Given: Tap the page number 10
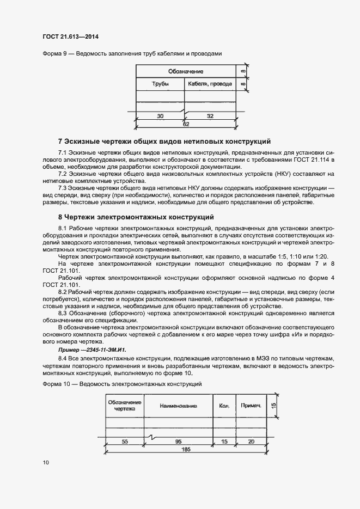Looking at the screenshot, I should (x=46, y=463).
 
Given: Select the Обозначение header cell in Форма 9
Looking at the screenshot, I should (x=185, y=71).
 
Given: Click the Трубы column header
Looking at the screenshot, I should (x=160, y=84).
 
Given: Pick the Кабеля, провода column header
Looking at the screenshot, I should (x=210, y=84).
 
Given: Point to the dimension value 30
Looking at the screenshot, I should (x=160, y=116).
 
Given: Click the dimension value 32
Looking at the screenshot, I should (x=210, y=116).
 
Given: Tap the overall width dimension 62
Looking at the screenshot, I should (x=186, y=125).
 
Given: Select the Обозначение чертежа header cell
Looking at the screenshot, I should (x=125, y=406).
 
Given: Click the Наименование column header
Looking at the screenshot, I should (x=178, y=406).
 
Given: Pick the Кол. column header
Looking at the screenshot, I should (x=224, y=406).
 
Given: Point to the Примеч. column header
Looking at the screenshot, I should (x=251, y=406).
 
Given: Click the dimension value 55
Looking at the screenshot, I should (x=125, y=441).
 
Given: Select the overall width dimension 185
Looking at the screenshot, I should (x=186, y=450).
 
